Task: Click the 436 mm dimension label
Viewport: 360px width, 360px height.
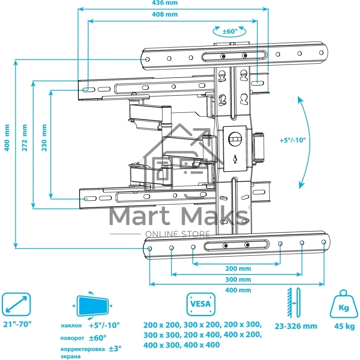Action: click(165, 3)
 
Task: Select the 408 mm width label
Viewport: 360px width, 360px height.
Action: click(165, 15)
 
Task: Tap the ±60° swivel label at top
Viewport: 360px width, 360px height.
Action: click(230, 31)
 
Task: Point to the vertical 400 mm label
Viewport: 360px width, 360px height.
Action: click(7, 138)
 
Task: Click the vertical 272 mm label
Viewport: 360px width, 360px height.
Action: click(25, 138)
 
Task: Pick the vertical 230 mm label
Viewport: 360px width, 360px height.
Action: click(44, 138)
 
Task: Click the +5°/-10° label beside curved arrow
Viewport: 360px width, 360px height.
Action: click(292, 140)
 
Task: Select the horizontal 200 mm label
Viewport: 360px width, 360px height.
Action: click(238, 268)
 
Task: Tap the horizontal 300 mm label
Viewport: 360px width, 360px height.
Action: click(238, 279)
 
